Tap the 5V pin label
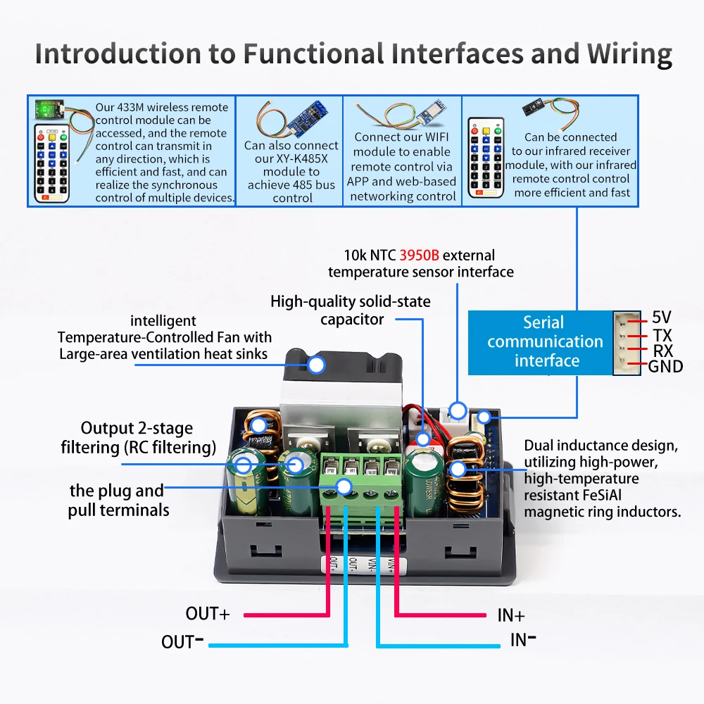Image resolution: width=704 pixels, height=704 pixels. tap(661, 318)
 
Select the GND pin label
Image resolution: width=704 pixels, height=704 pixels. tap(665, 366)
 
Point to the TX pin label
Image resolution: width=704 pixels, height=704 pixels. tap(662, 334)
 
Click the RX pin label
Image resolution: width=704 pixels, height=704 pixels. tap(662, 351)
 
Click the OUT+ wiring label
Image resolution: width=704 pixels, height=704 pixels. tap(208, 614)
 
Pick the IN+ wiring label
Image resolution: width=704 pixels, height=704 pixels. tap(511, 615)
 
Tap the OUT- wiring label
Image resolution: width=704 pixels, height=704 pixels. tap(182, 641)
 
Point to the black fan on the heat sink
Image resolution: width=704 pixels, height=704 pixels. tap(343, 366)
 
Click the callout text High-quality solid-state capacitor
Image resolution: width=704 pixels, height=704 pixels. tap(351, 310)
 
